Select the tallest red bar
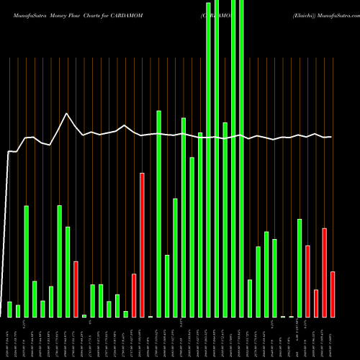click(143, 245)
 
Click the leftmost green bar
click(10, 310)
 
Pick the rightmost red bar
click(333, 294)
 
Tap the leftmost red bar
click(76, 289)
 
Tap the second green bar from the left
click(18, 311)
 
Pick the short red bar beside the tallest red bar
click(134, 295)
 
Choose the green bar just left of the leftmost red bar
click(68, 271)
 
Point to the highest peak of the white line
click(67, 114)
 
